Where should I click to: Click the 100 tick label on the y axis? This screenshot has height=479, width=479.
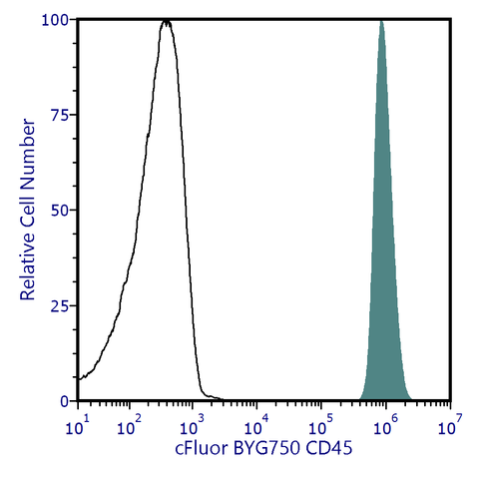(x=55, y=20)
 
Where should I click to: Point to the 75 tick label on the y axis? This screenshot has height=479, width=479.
(x=59, y=115)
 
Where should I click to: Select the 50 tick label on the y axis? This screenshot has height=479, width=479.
(x=59, y=211)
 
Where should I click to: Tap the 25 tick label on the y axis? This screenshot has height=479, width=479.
(x=59, y=305)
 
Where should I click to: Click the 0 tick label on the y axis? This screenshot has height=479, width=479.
(x=63, y=400)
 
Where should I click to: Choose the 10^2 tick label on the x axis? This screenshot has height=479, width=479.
(x=128, y=428)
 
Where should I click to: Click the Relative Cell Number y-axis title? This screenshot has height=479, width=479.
(x=29, y=210)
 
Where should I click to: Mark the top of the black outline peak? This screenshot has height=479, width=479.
(x=167, y=21)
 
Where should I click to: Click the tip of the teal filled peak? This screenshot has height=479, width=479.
(x=381, y=21)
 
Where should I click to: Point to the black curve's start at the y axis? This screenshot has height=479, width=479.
(x=78, y=379)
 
